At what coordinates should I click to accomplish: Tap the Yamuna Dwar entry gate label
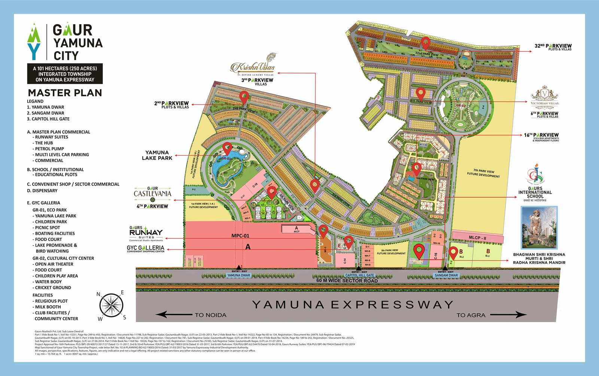239,275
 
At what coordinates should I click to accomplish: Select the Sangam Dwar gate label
446,275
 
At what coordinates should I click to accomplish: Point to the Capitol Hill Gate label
359,275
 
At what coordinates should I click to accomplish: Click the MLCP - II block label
477,238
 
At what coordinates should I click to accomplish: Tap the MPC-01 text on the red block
240,236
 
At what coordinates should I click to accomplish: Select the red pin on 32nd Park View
425,43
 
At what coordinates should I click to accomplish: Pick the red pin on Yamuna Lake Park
227,149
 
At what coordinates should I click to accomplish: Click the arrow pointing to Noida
172,315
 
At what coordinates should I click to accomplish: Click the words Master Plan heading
65,93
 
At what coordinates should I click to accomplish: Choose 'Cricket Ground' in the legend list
53,288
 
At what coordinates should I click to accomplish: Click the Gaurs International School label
535,192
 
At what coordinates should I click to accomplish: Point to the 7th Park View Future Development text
483,173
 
